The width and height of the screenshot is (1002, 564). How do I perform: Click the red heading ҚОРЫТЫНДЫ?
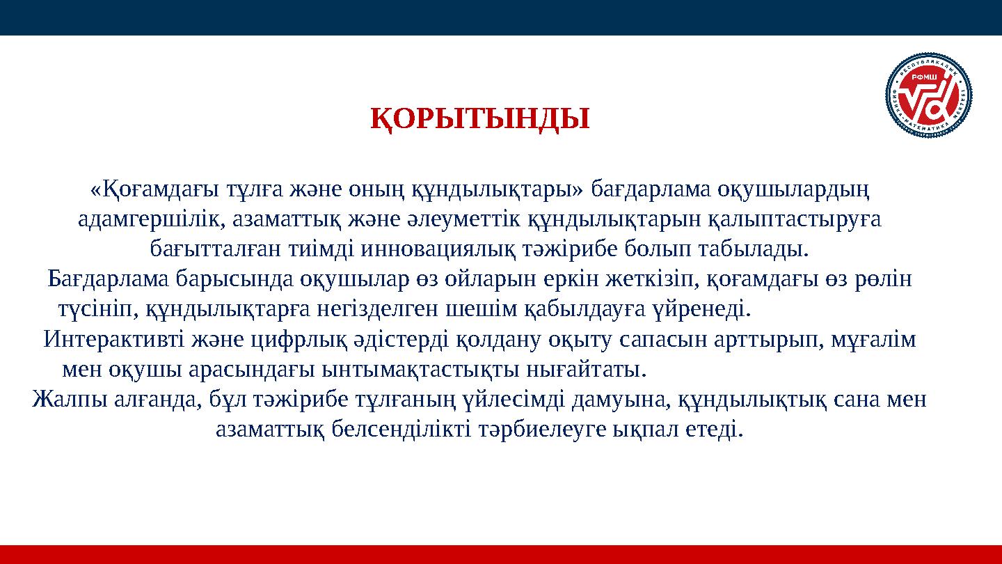[x=479, y=119]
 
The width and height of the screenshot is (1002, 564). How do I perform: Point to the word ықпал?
[x=644, y=429]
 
